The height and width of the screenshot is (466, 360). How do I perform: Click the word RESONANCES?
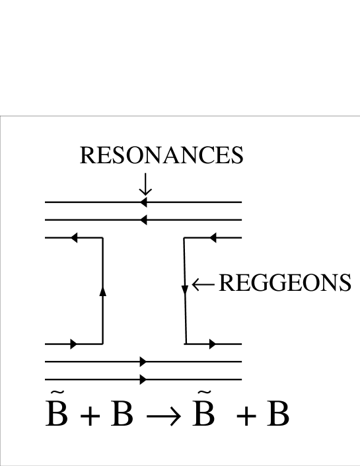(161, 156)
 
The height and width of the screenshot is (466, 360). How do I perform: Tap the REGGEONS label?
(284, 283)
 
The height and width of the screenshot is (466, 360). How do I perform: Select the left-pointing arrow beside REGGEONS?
(202, 284)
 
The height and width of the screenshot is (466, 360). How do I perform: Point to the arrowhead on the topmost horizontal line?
(143, 202)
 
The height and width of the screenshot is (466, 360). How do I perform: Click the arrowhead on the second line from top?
(143, 219)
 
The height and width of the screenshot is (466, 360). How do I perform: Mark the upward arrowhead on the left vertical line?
(102, 291)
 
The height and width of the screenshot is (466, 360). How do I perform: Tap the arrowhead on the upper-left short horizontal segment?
(74, 237)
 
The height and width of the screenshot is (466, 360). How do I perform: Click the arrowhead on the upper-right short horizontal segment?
(213, 237)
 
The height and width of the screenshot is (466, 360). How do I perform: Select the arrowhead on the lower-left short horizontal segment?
(73, 344)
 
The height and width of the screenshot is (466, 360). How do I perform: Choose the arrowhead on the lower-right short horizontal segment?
(212, 344)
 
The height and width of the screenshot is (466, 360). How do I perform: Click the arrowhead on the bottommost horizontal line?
(143, 379)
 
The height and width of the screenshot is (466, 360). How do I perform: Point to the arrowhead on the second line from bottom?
(143, 362)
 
